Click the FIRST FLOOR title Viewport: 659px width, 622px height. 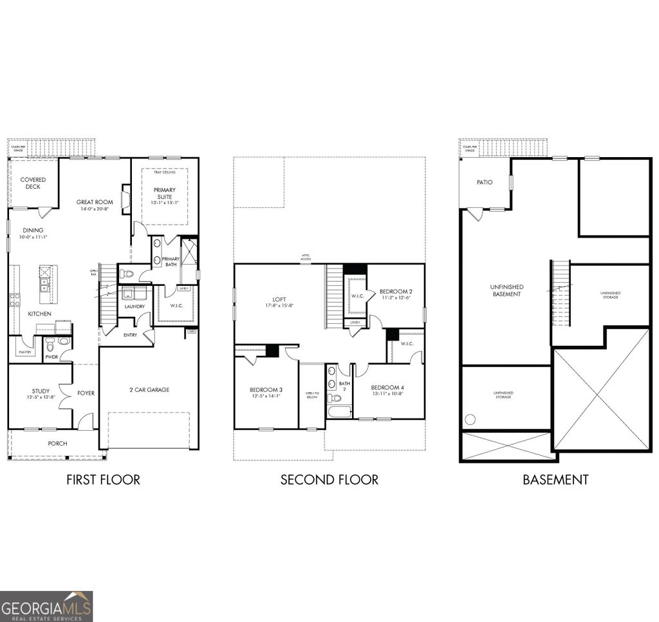coord(103,480)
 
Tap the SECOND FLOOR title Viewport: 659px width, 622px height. coord(329,480)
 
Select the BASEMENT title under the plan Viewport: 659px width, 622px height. coord(555,480)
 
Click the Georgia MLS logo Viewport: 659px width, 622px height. coord(46,606)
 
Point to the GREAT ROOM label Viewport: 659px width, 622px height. coord(95,202)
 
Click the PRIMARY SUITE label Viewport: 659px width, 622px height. coord(164,194)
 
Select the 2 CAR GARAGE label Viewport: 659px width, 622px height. coord(148,390)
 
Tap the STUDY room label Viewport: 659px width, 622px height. coord(41,391)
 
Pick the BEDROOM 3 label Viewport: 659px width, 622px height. coord(265,390)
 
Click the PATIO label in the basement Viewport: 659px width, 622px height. coord(485,182)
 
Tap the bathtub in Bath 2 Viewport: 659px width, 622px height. coord(339,411)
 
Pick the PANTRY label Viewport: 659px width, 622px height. coord(24,352)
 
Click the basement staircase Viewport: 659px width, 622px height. coord(561,294)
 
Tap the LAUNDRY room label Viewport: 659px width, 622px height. coord(134,306)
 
